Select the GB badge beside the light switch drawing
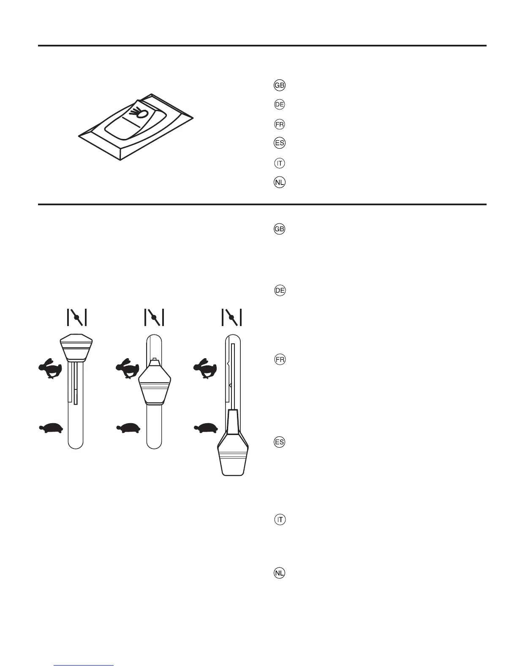tap(280, 85)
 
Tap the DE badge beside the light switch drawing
tap(280, 104)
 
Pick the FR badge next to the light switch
tap(280, 124)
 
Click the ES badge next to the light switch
tap(280, 143)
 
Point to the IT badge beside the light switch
tap(280, 163)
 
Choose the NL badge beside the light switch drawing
tap(280, 182)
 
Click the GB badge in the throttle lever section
tap(280, 229)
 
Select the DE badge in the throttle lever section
tap(280, 291)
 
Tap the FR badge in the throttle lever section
tap(280, 360)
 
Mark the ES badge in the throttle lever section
tap(280, 442)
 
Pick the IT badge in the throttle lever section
tap(280, 519)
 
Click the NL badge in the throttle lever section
tap(280, 573)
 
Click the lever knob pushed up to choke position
tap(76, 347)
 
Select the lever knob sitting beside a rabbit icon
tap(155, 382)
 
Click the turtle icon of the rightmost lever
tap(206, 428)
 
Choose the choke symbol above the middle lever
tap(154, 317)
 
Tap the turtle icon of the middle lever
tap(128, 428)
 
